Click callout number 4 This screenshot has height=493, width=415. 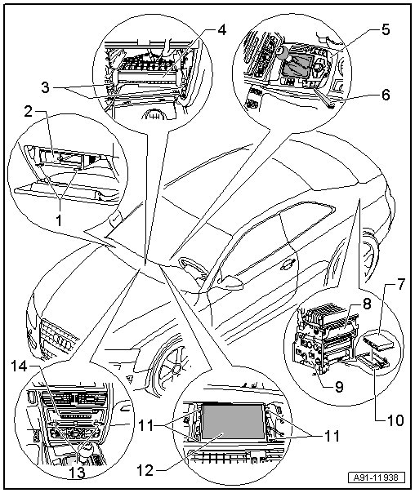tap(221, 30)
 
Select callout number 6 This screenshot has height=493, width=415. tap(386, 95)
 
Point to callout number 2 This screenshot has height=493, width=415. tap(29, 111)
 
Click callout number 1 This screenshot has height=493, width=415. tap(59, 220)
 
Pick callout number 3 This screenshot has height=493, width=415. tap(46, 87)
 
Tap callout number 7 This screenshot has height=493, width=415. tap(400, 285)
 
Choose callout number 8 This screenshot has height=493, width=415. tap(367, 304)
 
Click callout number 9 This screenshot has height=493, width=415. tap(338, 387)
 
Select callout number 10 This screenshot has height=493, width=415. tap(394, 420)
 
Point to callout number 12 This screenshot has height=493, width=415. tap(145, 471)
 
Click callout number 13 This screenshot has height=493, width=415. tap(78, 473)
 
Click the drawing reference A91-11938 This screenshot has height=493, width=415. tap(376, 478)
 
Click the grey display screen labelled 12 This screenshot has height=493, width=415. tap(233, 421)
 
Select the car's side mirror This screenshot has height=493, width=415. tap(230, 282)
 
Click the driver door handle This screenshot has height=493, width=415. tap(287, 265)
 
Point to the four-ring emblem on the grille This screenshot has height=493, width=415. tap(62, 341)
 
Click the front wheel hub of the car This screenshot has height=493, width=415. tap(176, 367)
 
